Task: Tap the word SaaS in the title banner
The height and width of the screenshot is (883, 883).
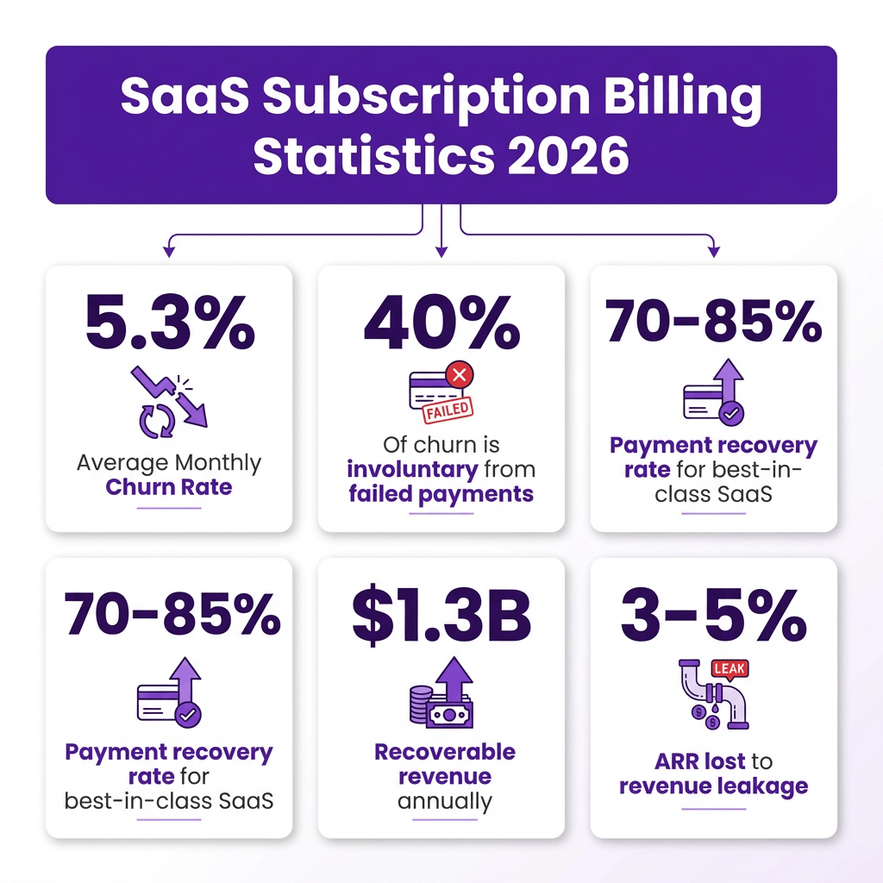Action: tap(185, 95)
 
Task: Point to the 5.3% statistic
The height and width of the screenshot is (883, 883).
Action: tap(170, 322)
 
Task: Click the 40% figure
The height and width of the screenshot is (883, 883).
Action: tap(441, 323)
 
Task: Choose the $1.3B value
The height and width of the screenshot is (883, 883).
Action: tap(441, 616)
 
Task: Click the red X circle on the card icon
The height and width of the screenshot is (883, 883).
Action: tap(459, 374)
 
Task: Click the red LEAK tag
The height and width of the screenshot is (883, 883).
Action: tap(730, 669)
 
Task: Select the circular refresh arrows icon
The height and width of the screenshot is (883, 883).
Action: tap(157, 421)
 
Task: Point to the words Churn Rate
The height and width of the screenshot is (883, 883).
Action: tap(169, 487)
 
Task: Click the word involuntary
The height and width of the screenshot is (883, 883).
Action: tap(412, 469)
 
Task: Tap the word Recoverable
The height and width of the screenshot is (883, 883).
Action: tap(445, 752)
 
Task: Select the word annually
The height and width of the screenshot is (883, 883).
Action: tap(445, 801)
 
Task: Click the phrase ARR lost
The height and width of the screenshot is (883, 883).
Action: tap(700, 761)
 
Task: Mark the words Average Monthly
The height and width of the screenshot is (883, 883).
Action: tap(169, 463)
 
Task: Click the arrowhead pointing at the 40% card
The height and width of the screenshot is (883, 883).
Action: tap(441, 252)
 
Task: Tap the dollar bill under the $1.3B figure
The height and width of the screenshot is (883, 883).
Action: tap(449, 715)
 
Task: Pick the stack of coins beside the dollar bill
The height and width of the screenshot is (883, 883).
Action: tap(419, 704)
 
